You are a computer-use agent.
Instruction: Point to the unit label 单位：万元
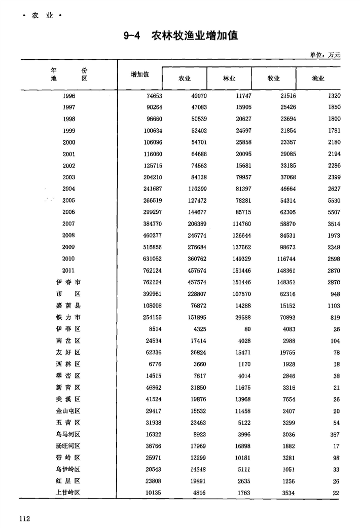point(325,55)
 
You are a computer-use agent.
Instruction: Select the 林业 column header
point(230,79)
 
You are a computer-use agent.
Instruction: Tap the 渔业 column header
point(318,79)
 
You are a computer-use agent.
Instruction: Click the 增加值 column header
point(140,74)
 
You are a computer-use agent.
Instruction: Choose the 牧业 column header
point(274,79)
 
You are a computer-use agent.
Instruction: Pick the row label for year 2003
point(69,177)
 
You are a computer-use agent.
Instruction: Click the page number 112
point(25,517)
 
